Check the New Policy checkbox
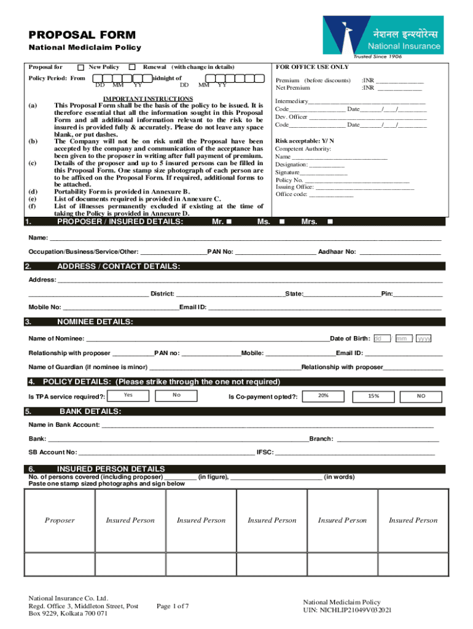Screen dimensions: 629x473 81,66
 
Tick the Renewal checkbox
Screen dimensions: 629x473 132,66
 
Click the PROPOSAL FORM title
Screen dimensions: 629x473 82,35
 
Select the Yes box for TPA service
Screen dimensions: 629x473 128,395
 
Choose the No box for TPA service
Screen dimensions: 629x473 176,395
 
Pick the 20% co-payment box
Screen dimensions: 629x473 323,396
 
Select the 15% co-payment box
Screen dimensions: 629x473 373,396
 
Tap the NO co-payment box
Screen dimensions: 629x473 421,396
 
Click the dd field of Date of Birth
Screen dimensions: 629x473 381,338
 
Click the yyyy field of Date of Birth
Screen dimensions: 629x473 424,338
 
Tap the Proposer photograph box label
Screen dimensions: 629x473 60,520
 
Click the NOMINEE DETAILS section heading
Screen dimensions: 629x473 95,322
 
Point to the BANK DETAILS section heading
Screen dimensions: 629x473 90,411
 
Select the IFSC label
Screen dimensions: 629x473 265,452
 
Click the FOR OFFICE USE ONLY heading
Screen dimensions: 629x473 312,66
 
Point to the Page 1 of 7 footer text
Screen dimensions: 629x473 173,606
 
